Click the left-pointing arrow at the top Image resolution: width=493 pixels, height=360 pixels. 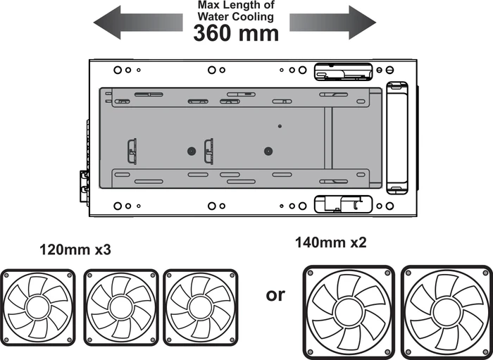pos(138,23)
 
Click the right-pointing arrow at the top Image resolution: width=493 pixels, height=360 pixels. pos(332,23)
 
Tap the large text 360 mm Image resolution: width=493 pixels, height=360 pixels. pos(236,33)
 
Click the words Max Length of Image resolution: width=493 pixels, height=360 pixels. pos(236,5)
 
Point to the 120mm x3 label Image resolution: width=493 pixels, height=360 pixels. pos(75,250)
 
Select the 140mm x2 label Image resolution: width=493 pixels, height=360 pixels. pos(331,243)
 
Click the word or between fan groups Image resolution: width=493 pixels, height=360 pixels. pos(275,296)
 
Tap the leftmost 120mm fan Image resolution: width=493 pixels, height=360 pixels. pos(38,307)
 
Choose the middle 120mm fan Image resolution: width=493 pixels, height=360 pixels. pos(121,307)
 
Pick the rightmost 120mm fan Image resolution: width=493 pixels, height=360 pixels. pos(201,307)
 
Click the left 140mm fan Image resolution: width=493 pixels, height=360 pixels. pos(349,312)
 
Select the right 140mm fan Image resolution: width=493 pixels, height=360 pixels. pos(447,312)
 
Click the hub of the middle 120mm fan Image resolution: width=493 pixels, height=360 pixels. pos(121,308)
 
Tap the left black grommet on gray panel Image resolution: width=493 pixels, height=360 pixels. pos(192,151)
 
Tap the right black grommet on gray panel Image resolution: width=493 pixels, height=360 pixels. pos(268,151)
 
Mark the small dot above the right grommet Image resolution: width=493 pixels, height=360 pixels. pos(280,126)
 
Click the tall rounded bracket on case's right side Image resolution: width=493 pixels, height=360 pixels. pos(397,137)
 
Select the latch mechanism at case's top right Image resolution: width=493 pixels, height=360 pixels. pos(344,71)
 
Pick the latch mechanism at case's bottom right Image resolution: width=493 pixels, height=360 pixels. pos(344,204)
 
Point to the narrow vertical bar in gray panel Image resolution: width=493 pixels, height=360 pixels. pos(328,138)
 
